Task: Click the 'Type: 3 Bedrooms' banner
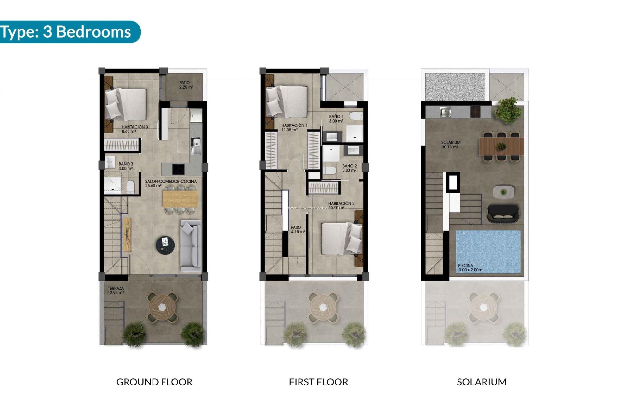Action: pos(67,32)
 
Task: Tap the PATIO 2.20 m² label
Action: pos(186,85)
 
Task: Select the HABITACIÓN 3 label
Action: pos(134,129)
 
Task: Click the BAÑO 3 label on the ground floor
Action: pos(126,166)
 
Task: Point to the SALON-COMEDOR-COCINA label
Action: pos(171,184)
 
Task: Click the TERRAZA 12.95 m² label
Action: pos(116,290)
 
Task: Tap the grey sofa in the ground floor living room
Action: pos(190,246)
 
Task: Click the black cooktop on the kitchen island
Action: pos(178,169)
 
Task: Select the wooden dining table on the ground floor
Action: pos(180,199)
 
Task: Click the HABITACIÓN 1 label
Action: pos(294,127)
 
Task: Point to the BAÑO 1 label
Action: pos(336,119)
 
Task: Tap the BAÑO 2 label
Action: pos(349,168)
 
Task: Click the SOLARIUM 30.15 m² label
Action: pos(450,145)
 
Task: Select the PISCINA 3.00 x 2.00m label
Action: pos(470,267)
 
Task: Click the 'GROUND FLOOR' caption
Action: pos(154,382)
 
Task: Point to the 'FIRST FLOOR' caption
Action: pos(318,382)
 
